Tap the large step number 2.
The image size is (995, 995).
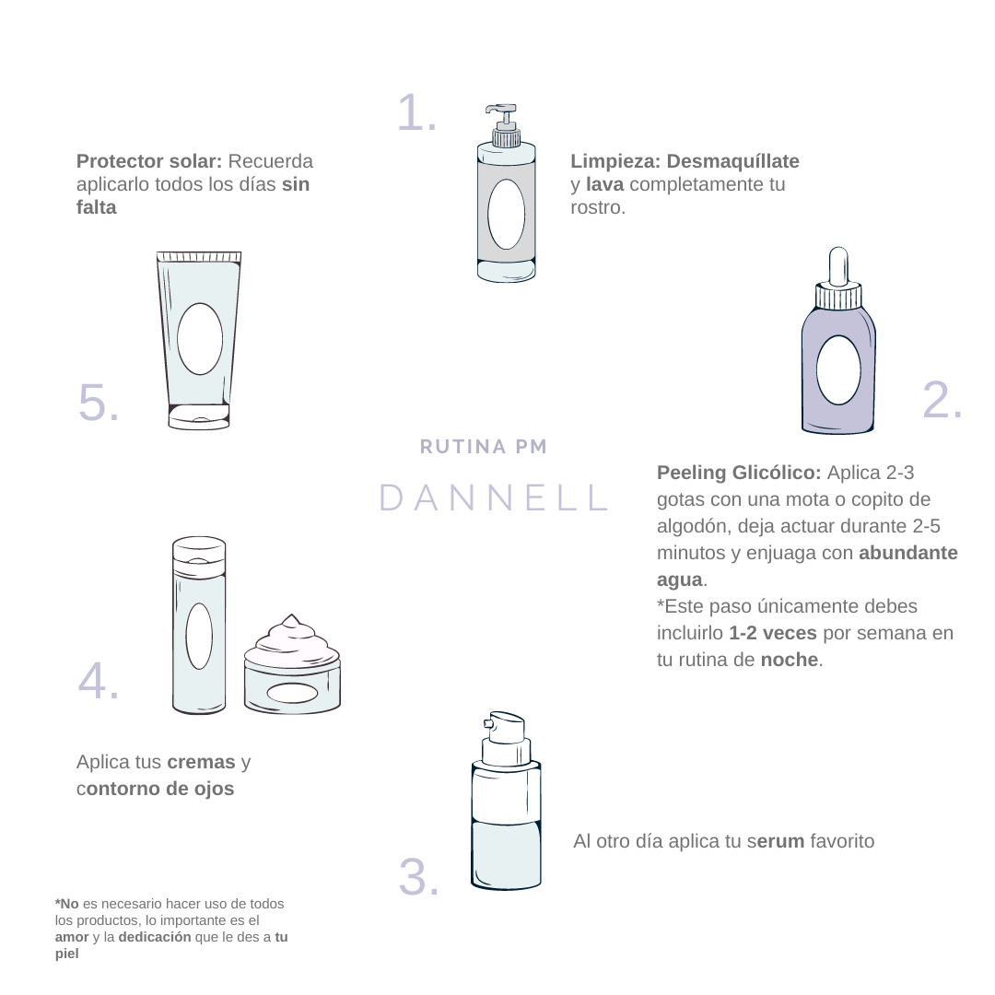tap(942, 400)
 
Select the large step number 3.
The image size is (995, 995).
tap(419, 877)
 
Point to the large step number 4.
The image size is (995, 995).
tap(99, 681)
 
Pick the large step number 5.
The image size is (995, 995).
tap(99, 402)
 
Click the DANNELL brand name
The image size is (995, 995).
tap(494, 497)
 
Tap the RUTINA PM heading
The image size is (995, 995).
tap(484, 447)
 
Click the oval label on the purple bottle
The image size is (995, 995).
tap(838, 370)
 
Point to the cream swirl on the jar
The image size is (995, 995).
tap(290, 638)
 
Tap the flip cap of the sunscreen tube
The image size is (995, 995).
tap(199, 416)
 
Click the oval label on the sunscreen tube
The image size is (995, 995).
tap(200, 339)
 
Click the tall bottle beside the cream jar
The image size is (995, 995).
tap(199, 626)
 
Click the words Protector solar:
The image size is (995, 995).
tap(149, 161)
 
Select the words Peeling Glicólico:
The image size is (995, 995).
tap(739, 473)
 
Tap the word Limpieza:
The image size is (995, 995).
tap(615, 161)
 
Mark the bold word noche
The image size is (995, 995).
tap(790, 660)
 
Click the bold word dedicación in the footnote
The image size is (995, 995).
tap(155, 937)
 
